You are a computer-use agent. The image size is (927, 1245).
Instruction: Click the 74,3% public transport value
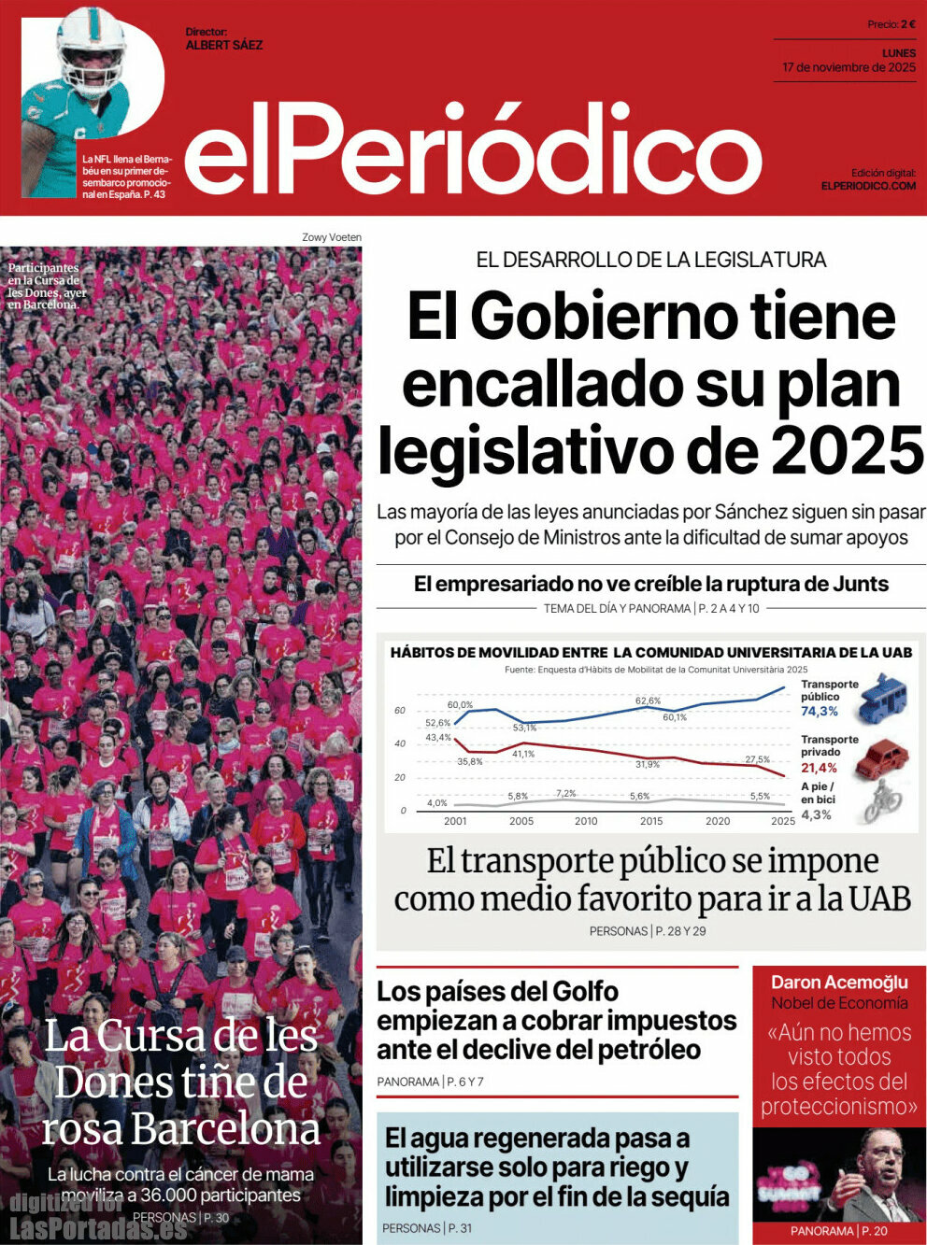point(819,712)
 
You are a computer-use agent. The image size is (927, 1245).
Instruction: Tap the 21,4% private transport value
point(819,768)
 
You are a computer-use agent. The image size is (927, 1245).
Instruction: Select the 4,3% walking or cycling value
point(816,814)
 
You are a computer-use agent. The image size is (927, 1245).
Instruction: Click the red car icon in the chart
point(880,757)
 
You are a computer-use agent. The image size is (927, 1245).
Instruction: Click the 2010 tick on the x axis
point(586,821)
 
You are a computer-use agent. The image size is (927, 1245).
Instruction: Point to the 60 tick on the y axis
point(400,711)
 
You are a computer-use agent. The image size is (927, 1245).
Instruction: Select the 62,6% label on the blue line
point(648,700)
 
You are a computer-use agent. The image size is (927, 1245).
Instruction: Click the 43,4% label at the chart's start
point(437,738)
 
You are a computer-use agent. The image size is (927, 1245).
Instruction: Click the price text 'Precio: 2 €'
point(891,24)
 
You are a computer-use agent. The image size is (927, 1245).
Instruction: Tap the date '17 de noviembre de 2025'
point(849,68)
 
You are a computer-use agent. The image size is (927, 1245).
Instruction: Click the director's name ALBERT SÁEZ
point(224,45)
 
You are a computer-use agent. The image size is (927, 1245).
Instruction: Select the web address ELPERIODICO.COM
point(868,186)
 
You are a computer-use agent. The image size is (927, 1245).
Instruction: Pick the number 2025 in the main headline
point(847,450)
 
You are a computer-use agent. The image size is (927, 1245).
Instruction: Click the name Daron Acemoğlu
point(839,982)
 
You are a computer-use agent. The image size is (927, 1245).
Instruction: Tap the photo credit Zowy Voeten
point(331,237)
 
